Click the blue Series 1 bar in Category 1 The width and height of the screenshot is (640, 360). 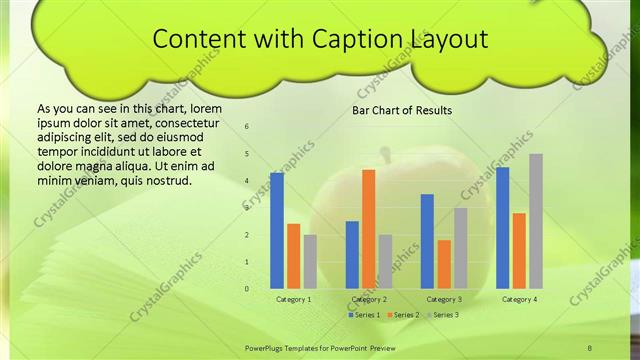click(x=277, y=231)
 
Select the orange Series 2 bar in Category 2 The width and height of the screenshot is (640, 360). click(x=368, y=229)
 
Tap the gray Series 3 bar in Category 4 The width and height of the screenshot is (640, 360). click(x=536, y=221)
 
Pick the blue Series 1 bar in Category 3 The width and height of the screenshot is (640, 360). click(x=427, y=241)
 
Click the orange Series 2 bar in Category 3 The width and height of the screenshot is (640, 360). click(x=444, y=264)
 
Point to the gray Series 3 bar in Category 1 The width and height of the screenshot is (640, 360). click(x=310, y=261)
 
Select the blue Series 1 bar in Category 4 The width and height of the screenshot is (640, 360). click(x=502, y=228)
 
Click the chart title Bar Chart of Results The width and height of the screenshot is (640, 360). click(x=402, y=110)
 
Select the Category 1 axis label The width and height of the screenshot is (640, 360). click(x=293, y=299)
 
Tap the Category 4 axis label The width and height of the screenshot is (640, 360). click(x=519, y=299)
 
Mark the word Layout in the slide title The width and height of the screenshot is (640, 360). click(x=448, y=39)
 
